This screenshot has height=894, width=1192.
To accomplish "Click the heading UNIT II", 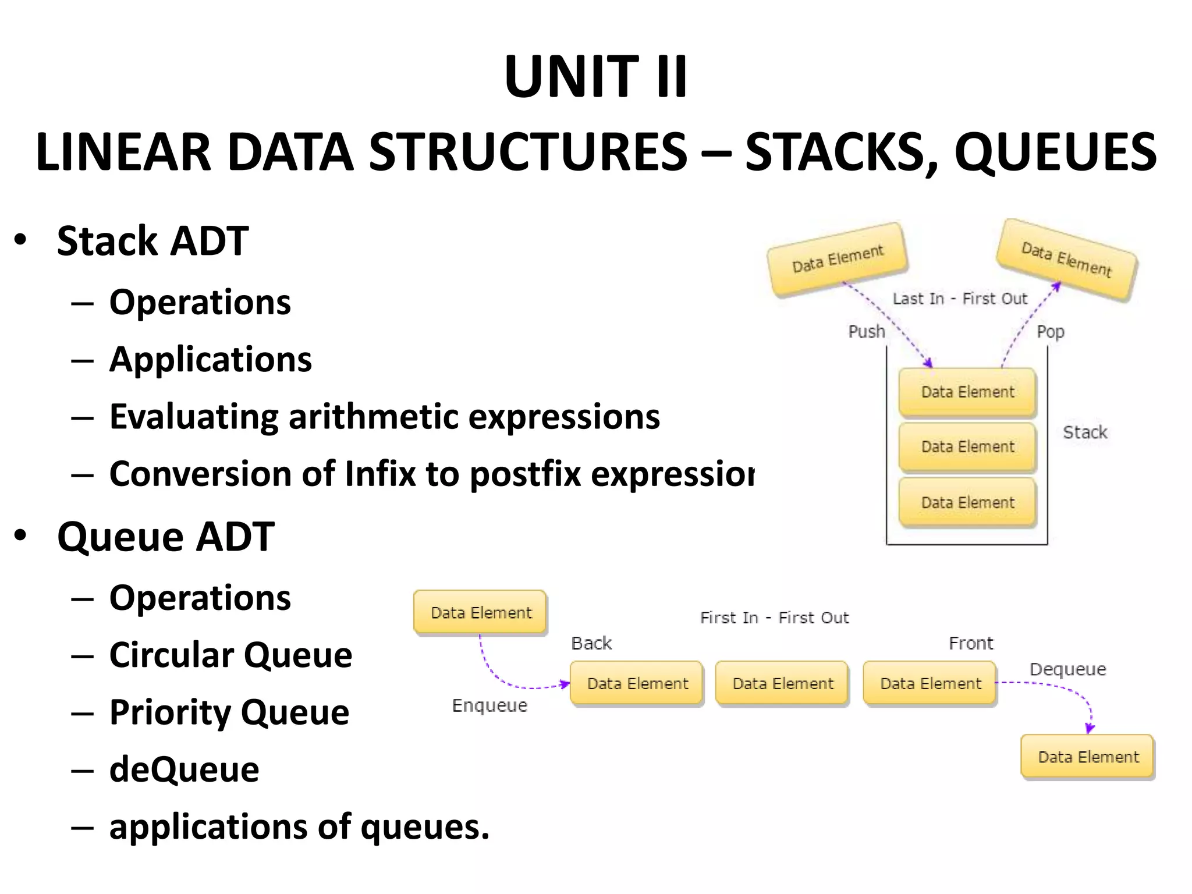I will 596,77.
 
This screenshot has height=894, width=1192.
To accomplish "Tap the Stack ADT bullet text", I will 152,241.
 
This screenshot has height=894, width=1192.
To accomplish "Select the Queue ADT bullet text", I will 165,537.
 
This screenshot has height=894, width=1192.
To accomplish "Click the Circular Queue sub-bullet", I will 230,655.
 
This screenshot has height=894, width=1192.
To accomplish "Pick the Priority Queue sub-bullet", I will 229,712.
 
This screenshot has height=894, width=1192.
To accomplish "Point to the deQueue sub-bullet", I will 184,769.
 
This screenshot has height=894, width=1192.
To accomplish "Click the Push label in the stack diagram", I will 866,332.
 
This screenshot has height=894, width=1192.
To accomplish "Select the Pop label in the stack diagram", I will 1050,332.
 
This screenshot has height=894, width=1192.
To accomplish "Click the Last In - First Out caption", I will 960,299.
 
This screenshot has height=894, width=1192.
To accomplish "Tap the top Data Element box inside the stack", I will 967,392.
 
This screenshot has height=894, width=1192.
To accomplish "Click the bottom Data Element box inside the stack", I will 967,502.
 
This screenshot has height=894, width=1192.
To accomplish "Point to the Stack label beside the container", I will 1085,432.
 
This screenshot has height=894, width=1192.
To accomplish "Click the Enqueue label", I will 489,705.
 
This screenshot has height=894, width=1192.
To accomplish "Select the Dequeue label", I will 1067,669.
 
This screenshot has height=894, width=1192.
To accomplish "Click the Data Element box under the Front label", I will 930,683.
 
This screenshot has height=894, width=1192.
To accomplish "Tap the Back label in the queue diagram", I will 591,643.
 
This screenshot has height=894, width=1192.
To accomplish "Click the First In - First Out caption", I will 774,618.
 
